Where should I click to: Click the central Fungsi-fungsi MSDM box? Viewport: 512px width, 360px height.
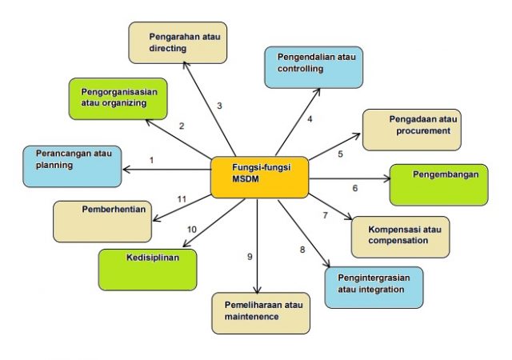(259, 177)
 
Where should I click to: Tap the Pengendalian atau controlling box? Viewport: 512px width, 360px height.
(314, 66)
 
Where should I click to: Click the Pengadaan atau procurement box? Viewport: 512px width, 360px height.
(411, 129)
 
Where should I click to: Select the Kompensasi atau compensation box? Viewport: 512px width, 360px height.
(400, 236)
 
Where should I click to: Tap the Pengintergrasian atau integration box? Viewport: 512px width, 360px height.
(374, 286)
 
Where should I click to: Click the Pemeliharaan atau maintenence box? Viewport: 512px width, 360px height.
(261, 313)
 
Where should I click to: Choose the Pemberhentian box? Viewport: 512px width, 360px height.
(102, 221)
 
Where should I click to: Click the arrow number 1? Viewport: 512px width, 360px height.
(151, 160)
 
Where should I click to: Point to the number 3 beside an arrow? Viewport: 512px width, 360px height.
(219, 106)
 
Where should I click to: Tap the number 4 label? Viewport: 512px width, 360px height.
(310, 119)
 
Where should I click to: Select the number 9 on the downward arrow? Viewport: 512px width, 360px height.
(250, 257)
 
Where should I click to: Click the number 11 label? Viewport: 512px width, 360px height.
(182, 198)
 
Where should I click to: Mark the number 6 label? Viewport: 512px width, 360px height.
(354, 189)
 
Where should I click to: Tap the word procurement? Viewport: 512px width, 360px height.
(424, 130)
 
